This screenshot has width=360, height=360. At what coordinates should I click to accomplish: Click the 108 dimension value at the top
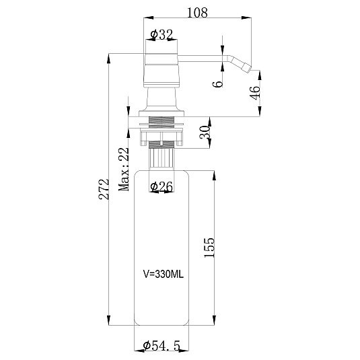coord(197,13)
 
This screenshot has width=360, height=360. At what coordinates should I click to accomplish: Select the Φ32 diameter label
coord(161,35)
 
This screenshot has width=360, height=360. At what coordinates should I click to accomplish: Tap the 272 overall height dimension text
coord(104,188)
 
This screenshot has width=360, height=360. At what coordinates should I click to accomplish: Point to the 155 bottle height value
coord(209,248)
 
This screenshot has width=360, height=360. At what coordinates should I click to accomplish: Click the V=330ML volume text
coord(164,274)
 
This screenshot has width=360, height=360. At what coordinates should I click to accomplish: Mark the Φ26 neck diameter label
coord(161,186)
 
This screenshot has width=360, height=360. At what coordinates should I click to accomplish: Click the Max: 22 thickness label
coord(124,169)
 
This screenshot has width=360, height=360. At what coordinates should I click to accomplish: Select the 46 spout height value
coord(255,93)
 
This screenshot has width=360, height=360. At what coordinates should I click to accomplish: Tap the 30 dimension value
coord(205,132)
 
